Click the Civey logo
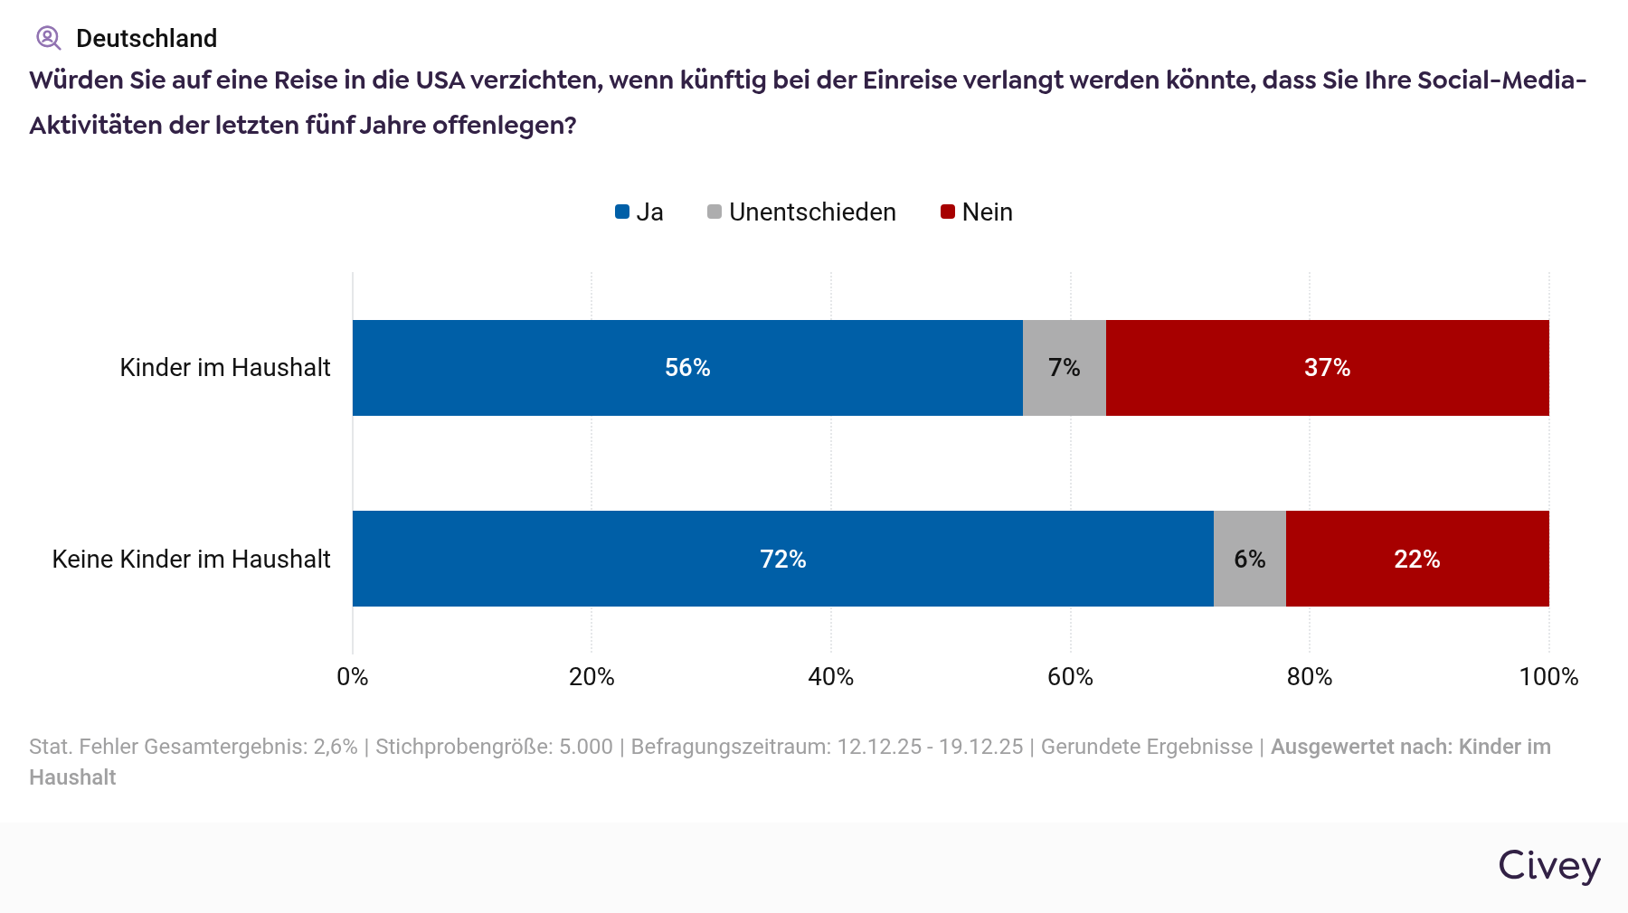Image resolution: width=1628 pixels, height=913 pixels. click(x=1548, y=865)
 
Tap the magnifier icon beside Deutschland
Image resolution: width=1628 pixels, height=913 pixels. click(x=48, y=38)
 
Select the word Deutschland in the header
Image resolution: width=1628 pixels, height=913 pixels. click(x=147, y=38)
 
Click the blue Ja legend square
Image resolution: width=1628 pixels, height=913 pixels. click(x=622, y=212)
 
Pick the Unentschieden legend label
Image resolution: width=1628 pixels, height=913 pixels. click(x=811, y=212)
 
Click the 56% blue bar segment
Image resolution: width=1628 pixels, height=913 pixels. click(x=687, y=368)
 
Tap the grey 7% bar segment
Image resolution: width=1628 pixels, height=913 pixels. click(x=1064, y=368)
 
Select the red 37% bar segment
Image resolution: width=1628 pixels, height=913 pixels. click(x=1327, y=368)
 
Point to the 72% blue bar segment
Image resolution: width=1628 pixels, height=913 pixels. click(x=782, y=559)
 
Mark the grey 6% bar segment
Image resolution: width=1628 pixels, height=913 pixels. click(x=1249, y=559)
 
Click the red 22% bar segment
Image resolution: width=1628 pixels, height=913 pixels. click(x=1416, y=559)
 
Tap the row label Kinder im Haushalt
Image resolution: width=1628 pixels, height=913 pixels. click(x=225, y=368)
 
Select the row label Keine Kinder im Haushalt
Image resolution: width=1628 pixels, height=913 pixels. click(x=191, y=560)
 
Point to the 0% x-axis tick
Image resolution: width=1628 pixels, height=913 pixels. click(x=353, y=677)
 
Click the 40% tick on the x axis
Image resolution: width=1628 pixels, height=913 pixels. click(x=830, y=677)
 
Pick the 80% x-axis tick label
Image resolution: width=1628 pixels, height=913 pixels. click(x=1309, y=677)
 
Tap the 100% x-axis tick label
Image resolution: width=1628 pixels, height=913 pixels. click(x=1548, y=677)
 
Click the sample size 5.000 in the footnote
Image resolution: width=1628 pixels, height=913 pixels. click(x=585, y=747)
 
